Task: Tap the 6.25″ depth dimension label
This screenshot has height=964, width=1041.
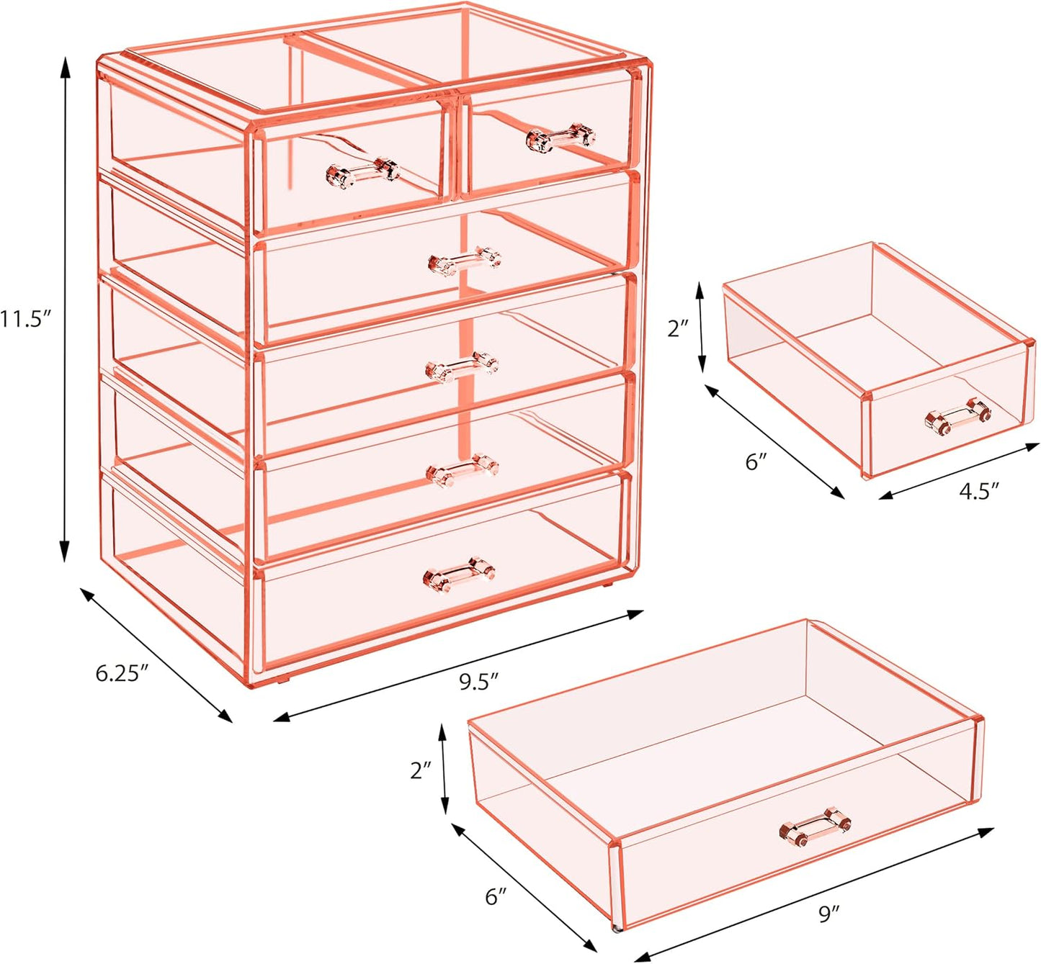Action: [122, 673]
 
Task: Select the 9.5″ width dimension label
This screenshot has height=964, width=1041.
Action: [479, 681]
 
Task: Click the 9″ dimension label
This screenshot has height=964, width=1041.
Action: [829, 914]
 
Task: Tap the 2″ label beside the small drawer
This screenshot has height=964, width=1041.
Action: [679, 328]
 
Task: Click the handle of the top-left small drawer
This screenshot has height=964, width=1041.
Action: [362, 173]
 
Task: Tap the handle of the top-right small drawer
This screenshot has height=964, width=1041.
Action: [561, 137]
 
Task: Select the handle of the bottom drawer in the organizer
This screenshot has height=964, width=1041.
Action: [459, 574]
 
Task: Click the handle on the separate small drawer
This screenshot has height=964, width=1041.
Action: [957, 417]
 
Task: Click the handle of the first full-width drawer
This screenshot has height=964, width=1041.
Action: [465, 261]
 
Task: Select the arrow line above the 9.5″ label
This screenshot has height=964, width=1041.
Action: [458, 666]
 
